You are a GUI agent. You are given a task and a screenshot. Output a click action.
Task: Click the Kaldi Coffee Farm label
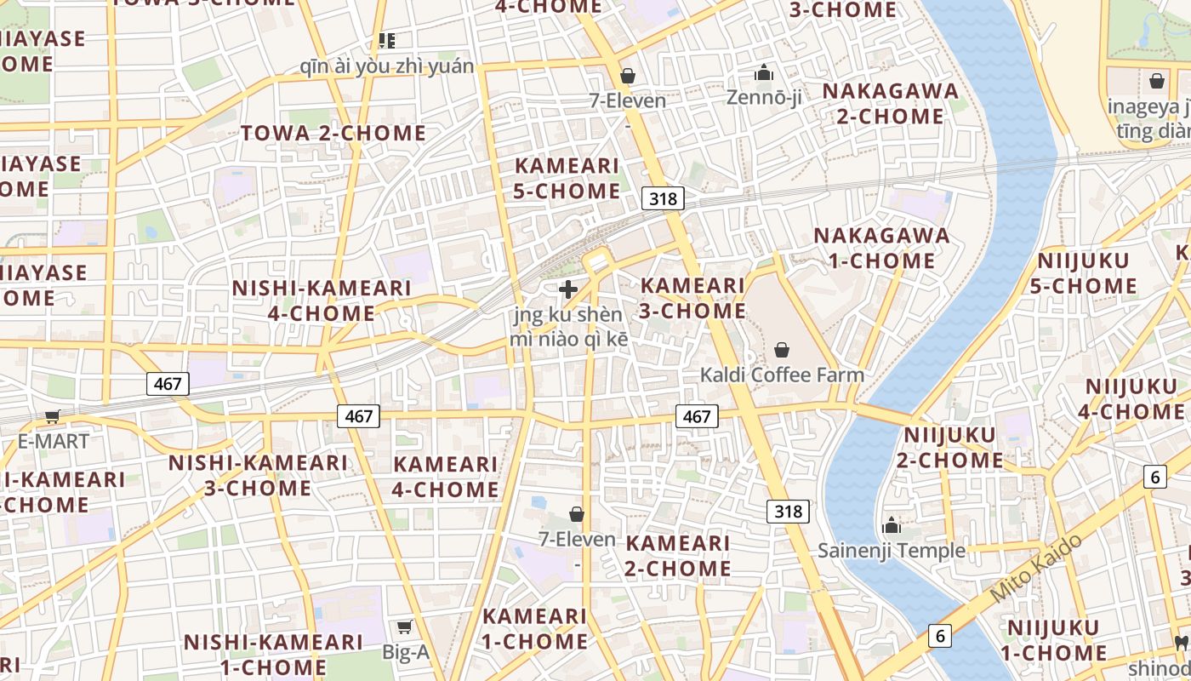pyautogui.click(x=782, y=375)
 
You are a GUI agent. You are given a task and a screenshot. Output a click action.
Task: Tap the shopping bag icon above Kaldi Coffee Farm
pyautogui.click(x=782, y=350)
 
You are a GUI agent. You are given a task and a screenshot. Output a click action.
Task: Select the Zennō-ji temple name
pyautogui.click(x=764, y=98)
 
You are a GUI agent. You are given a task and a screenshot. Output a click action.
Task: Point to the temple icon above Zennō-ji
pyautogui.click(x=764, y=73)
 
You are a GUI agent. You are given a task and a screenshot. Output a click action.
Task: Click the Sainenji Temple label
pyautogui.click(x=892, y=551)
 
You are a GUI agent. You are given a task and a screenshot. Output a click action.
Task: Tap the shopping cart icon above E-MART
pyautogui.click(x=53, y=416)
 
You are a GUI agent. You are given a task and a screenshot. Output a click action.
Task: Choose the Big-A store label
pyautogui.click(x=406, y=653)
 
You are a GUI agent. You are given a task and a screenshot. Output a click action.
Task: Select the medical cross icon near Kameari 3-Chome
pyautogui.click(x=568, y=289)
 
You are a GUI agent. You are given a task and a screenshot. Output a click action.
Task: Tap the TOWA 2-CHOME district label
pyautogui.click(x=333, y=133)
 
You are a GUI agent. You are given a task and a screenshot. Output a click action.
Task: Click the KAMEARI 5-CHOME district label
pyautogui.click(x=567, y=178)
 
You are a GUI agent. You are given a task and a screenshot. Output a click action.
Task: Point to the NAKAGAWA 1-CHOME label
pyautogui.click(x=881, y=248)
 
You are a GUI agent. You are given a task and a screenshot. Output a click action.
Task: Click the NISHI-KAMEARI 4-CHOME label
pyautogui.click(x=322, y=300)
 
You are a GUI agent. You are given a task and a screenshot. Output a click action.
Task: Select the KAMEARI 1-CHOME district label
pyautogui.click(x=535, y=628)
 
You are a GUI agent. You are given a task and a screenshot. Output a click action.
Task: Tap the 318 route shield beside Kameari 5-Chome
pyautogui.click(x=663, y=199)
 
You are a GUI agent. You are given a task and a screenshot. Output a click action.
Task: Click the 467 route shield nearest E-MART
pyautogui.click(x=168, y=384)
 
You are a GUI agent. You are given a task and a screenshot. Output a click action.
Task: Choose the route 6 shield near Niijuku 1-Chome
pyautogui.click(x=940, y=635)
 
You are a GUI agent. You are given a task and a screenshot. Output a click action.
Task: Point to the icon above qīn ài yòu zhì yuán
pyautogui.click(x=387, y=41)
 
